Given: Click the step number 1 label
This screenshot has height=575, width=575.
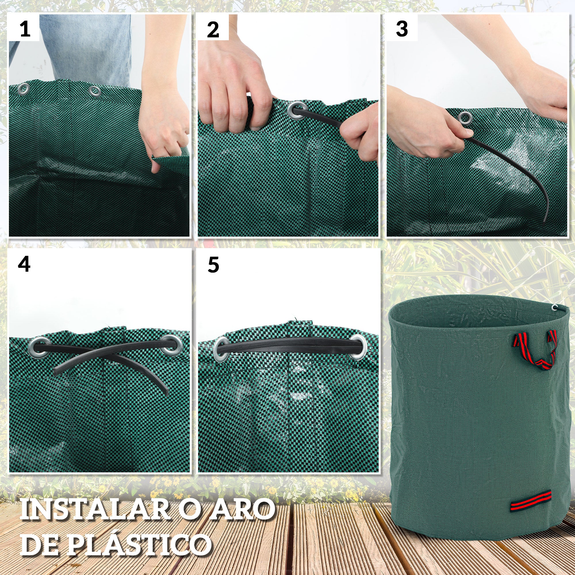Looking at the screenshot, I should point(25,29).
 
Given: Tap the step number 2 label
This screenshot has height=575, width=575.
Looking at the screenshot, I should point(213,30).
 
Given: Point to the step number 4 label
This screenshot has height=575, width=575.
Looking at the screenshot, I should point(24,264).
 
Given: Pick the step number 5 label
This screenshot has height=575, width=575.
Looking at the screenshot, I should point(213,265).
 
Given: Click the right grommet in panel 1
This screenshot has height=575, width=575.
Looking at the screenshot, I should point(95,91).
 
